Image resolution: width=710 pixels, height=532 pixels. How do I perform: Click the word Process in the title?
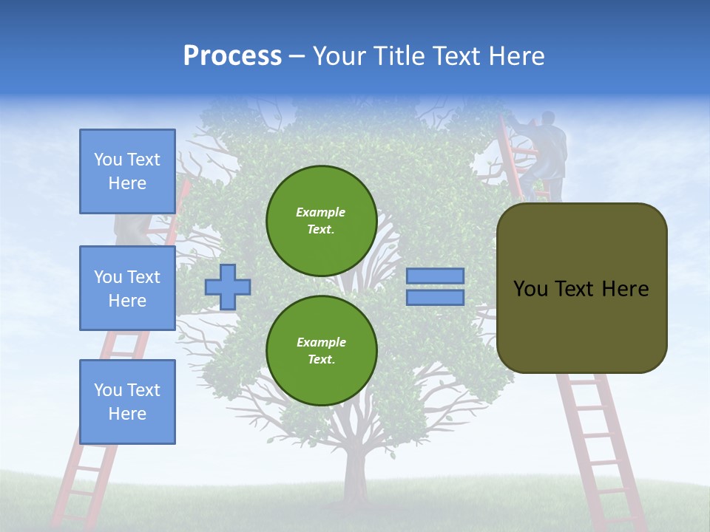[232, 56]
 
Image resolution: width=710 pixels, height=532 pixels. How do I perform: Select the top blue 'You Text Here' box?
[127, 171]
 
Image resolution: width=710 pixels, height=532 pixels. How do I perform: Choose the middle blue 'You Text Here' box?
[127, 288]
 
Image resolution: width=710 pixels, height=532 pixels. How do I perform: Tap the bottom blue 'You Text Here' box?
[127, 402]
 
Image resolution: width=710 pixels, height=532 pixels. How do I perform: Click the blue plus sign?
[228, 286]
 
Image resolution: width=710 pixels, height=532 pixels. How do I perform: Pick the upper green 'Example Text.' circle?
[321, 221]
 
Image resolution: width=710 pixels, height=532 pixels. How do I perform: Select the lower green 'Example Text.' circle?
[321, 351]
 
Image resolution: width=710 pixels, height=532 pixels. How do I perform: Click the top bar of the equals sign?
[435, 276]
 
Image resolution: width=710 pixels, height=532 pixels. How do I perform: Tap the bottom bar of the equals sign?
[435, 298]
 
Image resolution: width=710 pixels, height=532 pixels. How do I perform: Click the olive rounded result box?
[581, 288]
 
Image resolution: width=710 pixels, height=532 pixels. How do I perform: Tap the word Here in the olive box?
[625, 289]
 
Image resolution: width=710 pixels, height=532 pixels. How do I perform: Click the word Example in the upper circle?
[321, 212]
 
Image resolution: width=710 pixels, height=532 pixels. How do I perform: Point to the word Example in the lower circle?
[321, 342]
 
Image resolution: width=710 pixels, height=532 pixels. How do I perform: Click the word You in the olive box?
[530, 289]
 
